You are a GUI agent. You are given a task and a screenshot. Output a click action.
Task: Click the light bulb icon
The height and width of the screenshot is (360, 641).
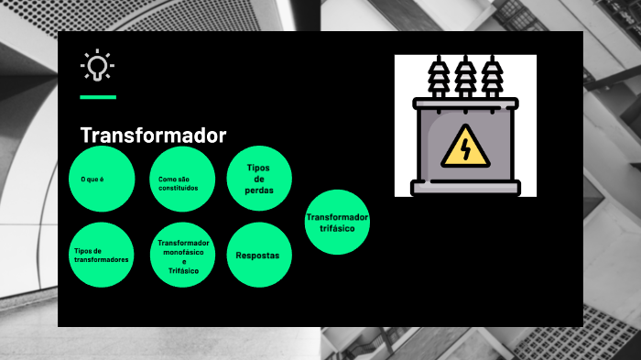pyautogui.click(x=97, y=66)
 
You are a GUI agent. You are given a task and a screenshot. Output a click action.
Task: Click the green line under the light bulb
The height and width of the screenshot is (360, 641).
pyautogui.click(x=98, y=96)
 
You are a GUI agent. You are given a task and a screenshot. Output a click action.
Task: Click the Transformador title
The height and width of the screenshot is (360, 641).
pyautogui.click(x=153, y=136)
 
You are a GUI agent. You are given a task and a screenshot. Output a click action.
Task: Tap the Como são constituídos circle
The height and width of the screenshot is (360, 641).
pyautogui.click(x=181, y=180)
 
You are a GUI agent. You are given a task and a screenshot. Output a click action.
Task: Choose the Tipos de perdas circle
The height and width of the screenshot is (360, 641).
pyautogui.click(x=259, y=179)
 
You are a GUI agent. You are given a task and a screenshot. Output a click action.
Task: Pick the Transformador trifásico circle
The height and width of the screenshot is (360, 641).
pyautogui.click(x=337, y=222)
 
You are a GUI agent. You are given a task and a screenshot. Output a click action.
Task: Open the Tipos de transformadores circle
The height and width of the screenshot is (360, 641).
pyautogui.click(x=102, y=255)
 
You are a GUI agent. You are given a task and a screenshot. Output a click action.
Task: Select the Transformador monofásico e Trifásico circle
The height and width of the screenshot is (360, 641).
pyautogui.click(x=183, y=256)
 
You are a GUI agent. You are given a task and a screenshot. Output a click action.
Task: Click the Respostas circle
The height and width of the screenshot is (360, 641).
pyautogui.click(x=258, y=256)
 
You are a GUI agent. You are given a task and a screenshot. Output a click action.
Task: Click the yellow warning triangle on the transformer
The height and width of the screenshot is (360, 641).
pyautogui.click(x=465, y=147)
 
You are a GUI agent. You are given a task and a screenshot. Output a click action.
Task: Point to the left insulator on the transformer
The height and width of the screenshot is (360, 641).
pyautogui.click(x=437, y=79)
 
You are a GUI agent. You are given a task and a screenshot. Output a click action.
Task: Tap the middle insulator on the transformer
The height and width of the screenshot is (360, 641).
pyautogui.click(x=465, y=79)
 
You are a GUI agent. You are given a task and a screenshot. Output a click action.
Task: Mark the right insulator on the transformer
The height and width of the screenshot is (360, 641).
pyautogui.click(x=493, y=79)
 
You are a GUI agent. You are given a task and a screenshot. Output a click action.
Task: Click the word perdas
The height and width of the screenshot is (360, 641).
pyautogui.click(x=259, y=191)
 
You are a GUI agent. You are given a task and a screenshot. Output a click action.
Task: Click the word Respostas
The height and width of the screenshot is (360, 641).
pyautogui.click(x=258, y=256)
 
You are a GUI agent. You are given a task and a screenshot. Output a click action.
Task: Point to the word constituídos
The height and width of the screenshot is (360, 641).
pyautogui.click(x=178, y=188)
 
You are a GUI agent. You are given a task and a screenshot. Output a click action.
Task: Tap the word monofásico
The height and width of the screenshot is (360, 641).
pyautogui.click(x=183, y=251)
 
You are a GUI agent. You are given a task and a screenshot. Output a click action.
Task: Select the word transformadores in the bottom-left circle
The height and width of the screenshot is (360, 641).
pyautogui.click(x=102, y=260)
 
